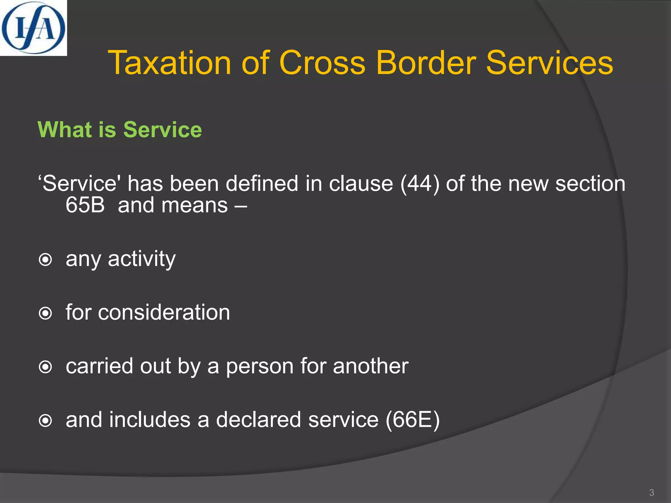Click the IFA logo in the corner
click(33, 28)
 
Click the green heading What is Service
click(120, 130)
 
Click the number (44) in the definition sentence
click(419, 183)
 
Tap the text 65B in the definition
click(85, 205)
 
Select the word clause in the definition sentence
click(361, 183)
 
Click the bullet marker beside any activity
click(45, 260)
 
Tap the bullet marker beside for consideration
click(45, 313)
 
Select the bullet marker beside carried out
click(45, 367)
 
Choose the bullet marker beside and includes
click(45, 421)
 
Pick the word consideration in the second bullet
click(164, 312)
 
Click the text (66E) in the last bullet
click(412, 420)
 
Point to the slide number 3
click(651, 493)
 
